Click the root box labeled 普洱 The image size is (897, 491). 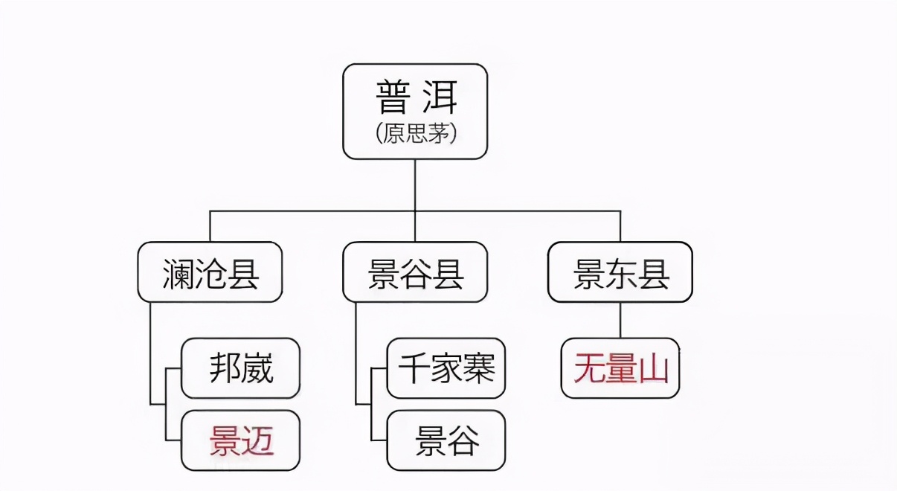point(414,111)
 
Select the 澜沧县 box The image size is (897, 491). point(210,273)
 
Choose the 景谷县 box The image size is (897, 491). point(415,273)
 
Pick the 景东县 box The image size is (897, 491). point(620,273)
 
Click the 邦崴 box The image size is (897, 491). point(240,368)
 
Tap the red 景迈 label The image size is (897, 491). point(242,441)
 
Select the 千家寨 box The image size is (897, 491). point(446,368)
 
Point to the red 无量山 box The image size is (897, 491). point(620,369)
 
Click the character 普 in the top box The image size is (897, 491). point(392,97)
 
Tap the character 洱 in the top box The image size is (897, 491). point(439,97)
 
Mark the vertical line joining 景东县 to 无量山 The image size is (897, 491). point(620,320)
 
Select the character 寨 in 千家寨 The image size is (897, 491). point(478,368)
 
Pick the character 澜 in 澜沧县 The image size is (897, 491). point(177,274)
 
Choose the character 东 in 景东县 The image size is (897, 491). point(620,274)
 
